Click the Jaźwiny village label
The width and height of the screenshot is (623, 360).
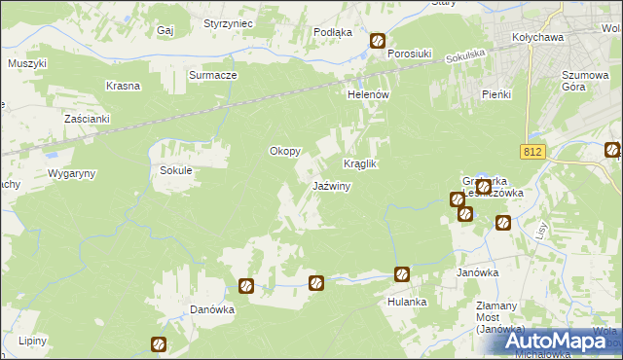tap(331, 186)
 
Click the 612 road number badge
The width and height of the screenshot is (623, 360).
tap(531, 152)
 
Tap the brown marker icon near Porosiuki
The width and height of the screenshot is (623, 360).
tap(378, 42)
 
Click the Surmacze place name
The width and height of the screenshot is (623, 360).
tap(213, 75)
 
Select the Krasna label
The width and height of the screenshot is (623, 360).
tap(125, 86)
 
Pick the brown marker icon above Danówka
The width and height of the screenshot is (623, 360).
tap(246, 286)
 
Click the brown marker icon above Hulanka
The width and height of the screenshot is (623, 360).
tap(400, 275)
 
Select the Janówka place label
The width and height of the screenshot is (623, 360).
tap(477, 273)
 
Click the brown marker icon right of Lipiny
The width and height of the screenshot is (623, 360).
tap(159, 343)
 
